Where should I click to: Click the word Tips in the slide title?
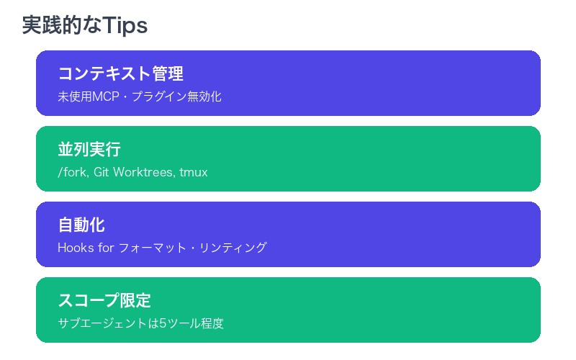[x=125, y=26]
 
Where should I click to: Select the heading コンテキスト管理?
[x=120, y=73]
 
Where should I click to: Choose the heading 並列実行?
[x=89, y=149]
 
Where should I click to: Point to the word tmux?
[x=194, y=172]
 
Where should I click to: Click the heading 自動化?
[x=81, y=225]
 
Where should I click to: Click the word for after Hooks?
[x=105, y=248]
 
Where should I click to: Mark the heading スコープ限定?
[x=104, y=300]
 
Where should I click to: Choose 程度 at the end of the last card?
[x=212, y=323]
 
